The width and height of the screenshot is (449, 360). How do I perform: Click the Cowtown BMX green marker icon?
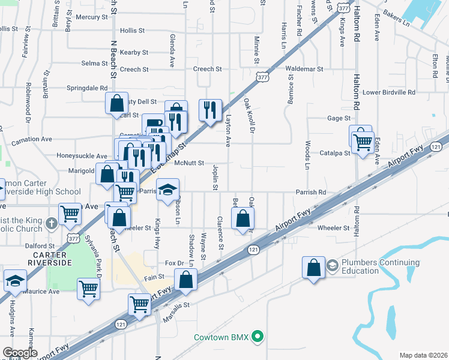click(x=258, y=337)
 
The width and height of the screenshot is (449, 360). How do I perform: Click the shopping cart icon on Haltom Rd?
click(x=363, y=142)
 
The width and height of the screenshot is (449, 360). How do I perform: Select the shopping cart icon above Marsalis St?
click(x=140, y=304)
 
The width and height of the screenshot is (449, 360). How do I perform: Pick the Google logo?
click(x=20, y=353)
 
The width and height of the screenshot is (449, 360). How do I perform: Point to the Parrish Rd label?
click(x=310, y=193)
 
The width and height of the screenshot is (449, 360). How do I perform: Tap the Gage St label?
click(x=339, y=118)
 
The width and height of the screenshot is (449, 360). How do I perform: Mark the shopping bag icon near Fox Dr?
click(x=186, y=279)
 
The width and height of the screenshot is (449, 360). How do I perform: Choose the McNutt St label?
click(x=189, y=163)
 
